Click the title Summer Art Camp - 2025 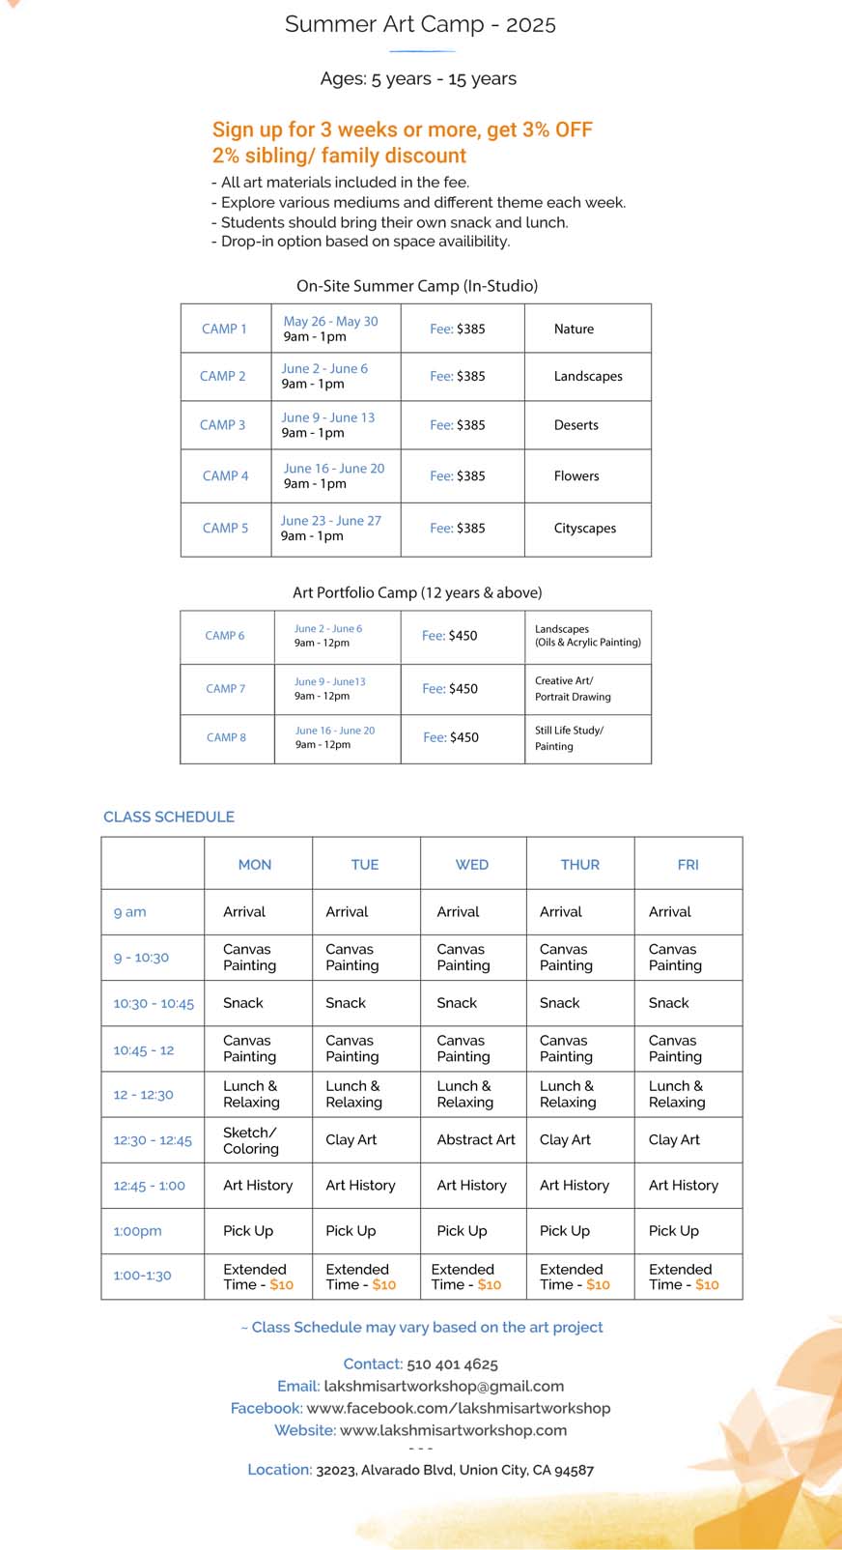(420, 24)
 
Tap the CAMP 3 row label (222, 425)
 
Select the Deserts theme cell (576, 425)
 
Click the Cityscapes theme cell (584, 529)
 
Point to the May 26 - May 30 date (330, 321)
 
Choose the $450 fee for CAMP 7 (463, 689)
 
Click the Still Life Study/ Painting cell (569, 738)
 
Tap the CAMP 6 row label (225, 636)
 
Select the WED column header (472, 865)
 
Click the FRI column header (688, 865)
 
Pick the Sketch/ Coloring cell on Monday (251, 1140)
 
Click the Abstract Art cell (476, 1140)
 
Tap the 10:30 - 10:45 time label (154, 1004)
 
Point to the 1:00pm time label (137, 1231)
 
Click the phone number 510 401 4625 (452, 1364)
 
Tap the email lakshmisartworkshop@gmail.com (443, 1386)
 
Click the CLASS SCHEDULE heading (169, 817)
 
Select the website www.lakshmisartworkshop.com (453, 1430)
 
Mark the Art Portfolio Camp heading (417, 592)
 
